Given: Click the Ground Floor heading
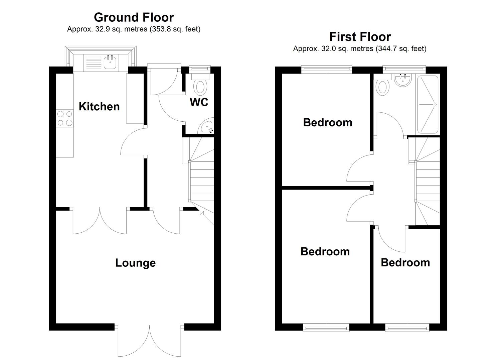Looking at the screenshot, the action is (134, 17).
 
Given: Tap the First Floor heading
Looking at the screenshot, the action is (360, 37).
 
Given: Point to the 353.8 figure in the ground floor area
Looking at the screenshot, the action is (160, 29).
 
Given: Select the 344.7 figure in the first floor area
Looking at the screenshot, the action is (386, 48).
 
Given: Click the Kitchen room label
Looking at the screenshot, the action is (99, 107).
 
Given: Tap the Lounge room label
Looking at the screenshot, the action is (136, 263).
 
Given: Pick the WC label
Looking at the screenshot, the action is (199, 102).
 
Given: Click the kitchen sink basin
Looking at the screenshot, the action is (110, 62).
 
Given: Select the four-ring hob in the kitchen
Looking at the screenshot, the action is (65, 118).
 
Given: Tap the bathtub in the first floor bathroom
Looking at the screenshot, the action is (428, 105).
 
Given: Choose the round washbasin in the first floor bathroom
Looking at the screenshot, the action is (402, 80).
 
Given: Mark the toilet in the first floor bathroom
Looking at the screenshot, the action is (383, 85).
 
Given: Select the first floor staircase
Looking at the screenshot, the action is (427, 181).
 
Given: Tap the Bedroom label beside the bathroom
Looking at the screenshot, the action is (327, 123).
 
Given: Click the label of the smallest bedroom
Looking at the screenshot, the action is (405, 263).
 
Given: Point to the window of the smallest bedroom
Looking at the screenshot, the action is (407, 327).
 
